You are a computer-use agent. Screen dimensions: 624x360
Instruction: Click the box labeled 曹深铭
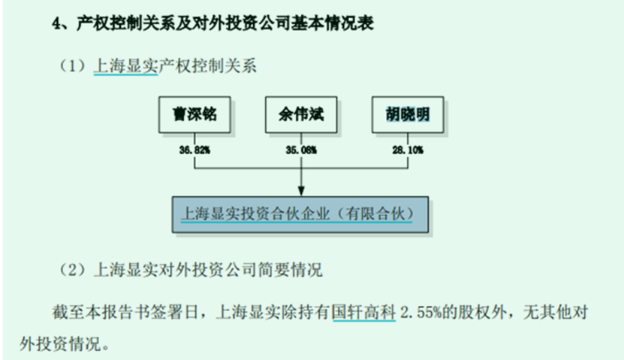pos(194,115)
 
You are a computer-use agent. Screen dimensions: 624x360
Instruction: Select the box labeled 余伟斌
pos(301,115)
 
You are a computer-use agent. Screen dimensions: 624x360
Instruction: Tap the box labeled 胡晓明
pos(407,115)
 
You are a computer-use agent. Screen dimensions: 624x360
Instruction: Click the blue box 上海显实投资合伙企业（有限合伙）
pos(300,214)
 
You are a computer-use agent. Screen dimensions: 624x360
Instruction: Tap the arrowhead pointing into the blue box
pos(301,191)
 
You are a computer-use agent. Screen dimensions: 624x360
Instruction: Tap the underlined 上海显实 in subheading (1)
pos(125,67)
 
